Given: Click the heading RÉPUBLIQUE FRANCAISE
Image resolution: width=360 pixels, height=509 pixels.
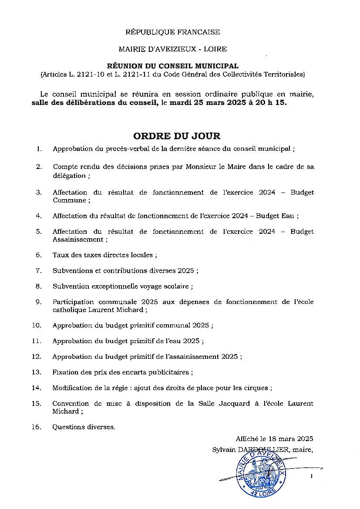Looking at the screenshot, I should pos(172,32).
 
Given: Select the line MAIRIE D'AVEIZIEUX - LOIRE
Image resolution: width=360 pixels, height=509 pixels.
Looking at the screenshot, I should pos(172,49).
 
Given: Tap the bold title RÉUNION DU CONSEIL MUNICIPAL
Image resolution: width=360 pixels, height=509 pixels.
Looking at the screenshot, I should pos(172,66).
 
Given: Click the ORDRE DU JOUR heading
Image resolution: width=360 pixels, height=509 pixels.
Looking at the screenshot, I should pos(177,136).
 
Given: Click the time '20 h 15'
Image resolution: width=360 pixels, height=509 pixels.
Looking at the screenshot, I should pos(273,104).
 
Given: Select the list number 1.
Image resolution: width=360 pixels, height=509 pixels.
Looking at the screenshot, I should pos(39,149).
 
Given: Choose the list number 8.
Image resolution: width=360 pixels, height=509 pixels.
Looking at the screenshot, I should pos(39,287).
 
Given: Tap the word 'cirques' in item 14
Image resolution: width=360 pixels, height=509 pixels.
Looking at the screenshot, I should pos(259,388).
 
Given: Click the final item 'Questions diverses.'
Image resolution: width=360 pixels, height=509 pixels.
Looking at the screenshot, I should pos(84,427).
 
